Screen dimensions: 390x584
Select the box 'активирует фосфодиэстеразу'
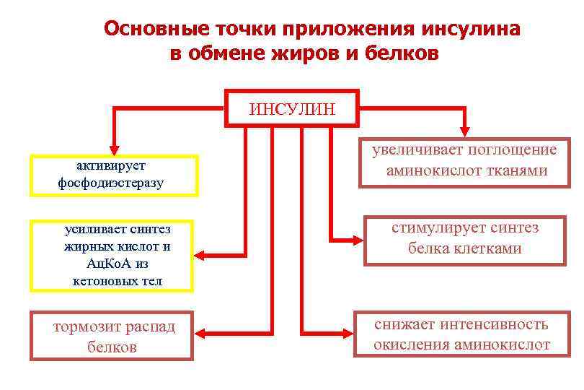point(113,175)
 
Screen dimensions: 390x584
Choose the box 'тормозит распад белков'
point(112,336)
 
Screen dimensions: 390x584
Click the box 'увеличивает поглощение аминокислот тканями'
point(466,161)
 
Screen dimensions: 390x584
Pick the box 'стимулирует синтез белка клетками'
point(465,239)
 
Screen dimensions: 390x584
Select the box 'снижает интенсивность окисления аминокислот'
point(461,334)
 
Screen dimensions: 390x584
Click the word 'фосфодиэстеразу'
point(111,183)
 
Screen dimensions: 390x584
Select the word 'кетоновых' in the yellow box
point(98,279)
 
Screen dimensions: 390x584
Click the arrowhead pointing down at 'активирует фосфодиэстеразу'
point(112,147)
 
